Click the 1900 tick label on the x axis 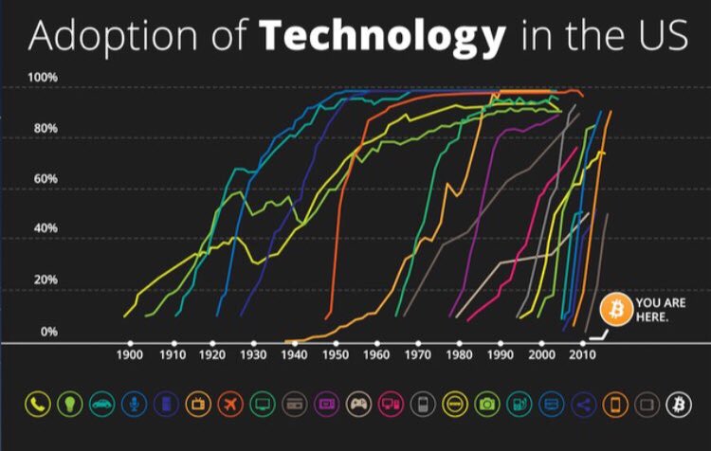point(129,355)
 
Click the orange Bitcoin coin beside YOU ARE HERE point(615,309)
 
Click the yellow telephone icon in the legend point(36,405)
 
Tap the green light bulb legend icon point(69,405)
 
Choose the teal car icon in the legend point(101,405)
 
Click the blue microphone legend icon point(134,405)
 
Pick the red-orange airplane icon point(230,405)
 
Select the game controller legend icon point(358,405)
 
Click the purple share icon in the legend point(583,405)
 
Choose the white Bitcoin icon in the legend point(679,405)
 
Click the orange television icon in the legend point(198,405)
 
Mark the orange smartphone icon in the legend point(615,405)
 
